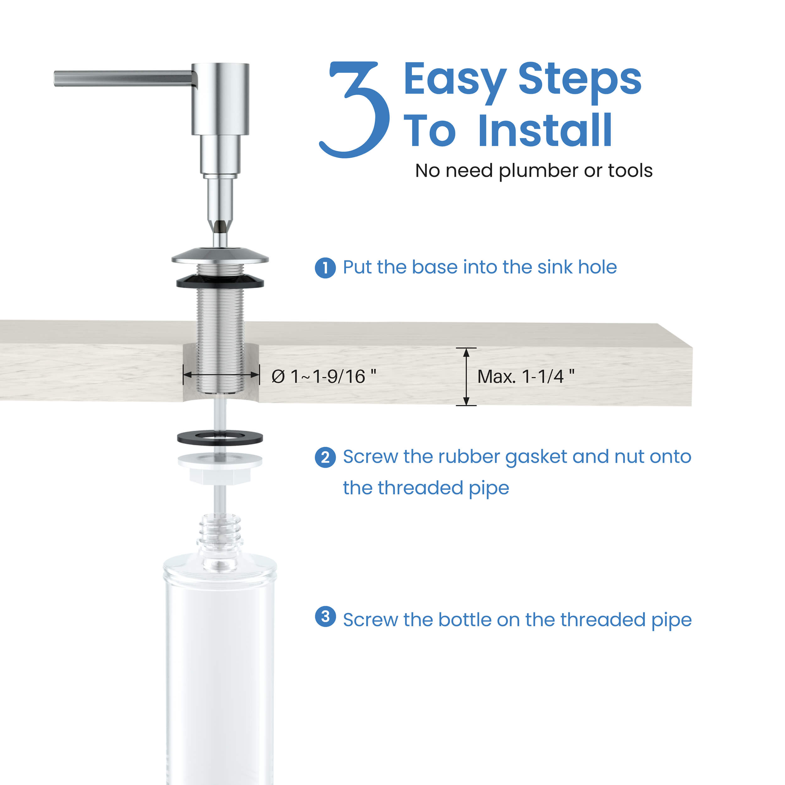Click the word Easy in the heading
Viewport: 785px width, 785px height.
[455, 79]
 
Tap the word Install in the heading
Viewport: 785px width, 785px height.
[544, 131]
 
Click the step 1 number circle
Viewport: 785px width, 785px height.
[325, 268]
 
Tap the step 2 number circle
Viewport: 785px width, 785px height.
[325, 457]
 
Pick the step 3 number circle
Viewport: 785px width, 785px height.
[325, 616]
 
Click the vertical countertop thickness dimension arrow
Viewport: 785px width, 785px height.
[466, 377]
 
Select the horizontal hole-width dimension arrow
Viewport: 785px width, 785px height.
[221, 375]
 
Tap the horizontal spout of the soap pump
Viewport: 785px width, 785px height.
[122, 78]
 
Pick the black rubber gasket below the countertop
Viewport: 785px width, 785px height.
[220, 438]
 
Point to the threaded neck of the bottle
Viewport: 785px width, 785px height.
[220, 530]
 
